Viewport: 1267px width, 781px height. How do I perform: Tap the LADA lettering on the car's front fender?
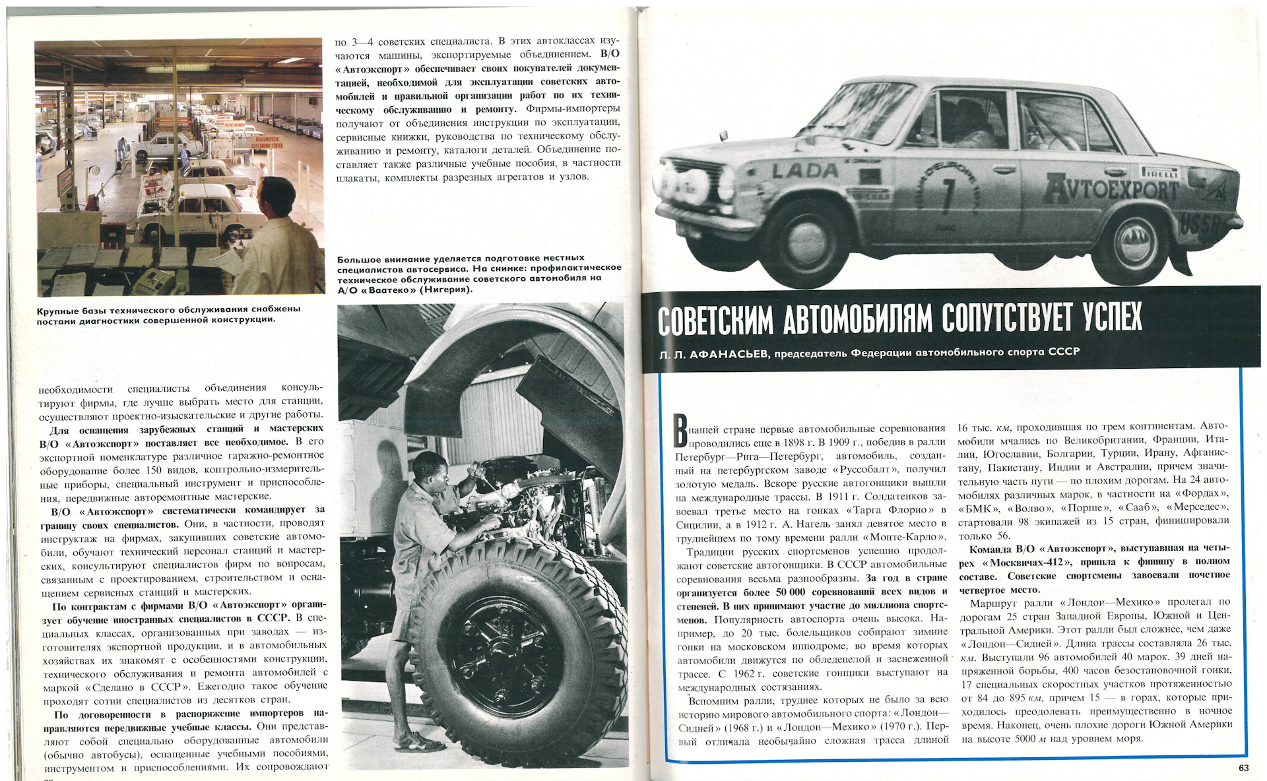(805, 170)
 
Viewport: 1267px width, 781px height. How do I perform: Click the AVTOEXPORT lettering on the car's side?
(1109, 189)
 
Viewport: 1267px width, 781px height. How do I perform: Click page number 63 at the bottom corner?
(1243, 768)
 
